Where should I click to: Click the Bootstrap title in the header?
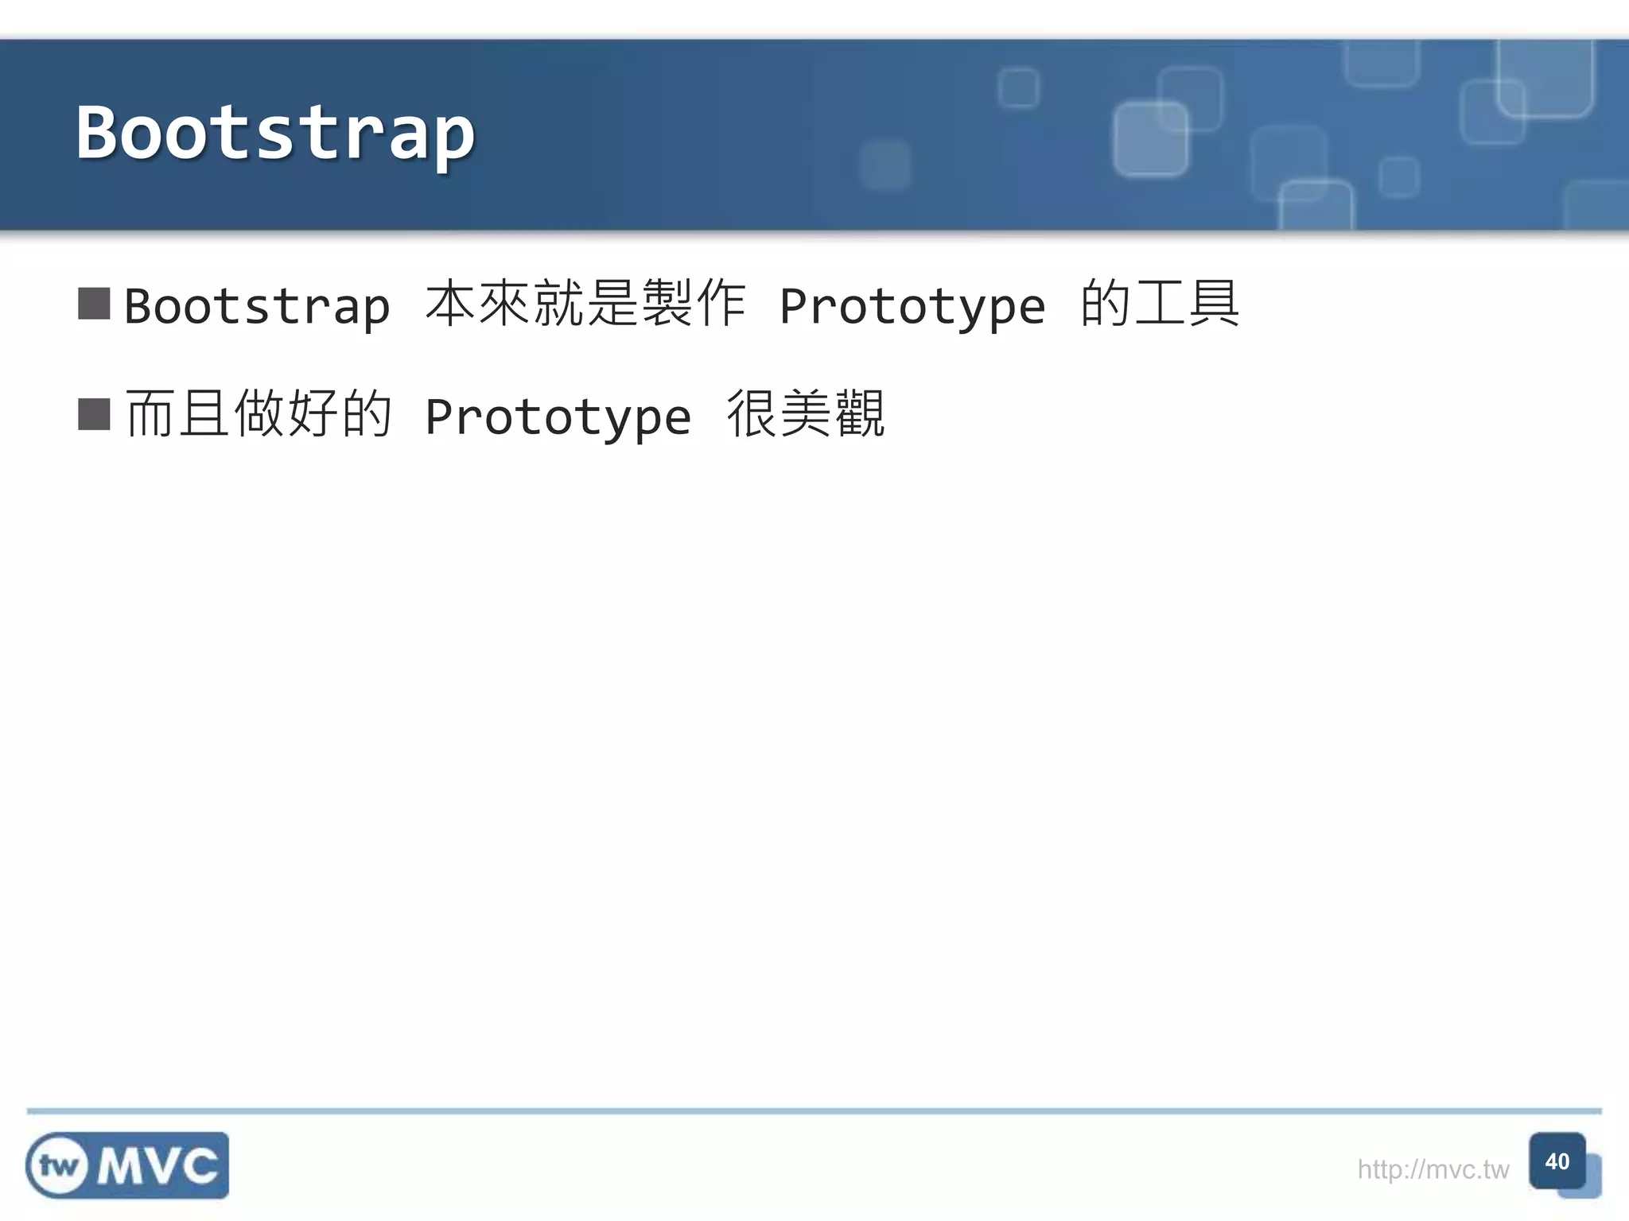tap(275, 134)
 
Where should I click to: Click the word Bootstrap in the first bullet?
tap(257, 306)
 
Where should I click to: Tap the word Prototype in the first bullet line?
tap(912, 306)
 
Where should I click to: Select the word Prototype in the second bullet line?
tap(558, 417)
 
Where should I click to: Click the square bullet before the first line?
tap(94, 304)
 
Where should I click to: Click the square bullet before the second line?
tap(94, 414)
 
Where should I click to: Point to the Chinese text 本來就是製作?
tap(585, 304)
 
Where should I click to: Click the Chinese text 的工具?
tap(1159, 304)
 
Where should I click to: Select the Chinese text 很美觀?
tap(805, 414)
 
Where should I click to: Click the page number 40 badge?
tap(1557, 1161)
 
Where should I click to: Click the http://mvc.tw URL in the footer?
tap(1433, 1169)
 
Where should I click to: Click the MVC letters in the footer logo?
tap(157, 1166)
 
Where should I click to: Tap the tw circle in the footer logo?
tap(58, 1166)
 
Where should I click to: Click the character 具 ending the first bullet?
tap(1213, 304)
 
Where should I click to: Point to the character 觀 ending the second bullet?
tap(859, 414)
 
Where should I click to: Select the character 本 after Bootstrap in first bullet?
tap(451, 304)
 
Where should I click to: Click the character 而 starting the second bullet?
tap(150, 414)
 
